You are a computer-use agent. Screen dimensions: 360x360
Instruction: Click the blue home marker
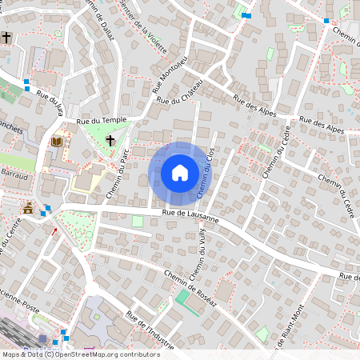coord(180,173)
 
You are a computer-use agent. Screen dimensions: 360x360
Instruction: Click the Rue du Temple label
coord(102,120)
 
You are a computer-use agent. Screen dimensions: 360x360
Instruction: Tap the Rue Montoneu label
coord(169,74)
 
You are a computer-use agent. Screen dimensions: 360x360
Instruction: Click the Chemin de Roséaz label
coord(190,285)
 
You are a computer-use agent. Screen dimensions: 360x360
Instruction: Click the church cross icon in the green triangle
coord(110,139)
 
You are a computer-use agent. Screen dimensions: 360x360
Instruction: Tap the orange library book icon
coord(56,142)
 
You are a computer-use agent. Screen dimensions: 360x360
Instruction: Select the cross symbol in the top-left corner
coord(6,37)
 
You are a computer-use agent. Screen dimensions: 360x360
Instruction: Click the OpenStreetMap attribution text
coord(81,354)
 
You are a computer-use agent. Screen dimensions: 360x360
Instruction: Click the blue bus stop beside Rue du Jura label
coord(27,82)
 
